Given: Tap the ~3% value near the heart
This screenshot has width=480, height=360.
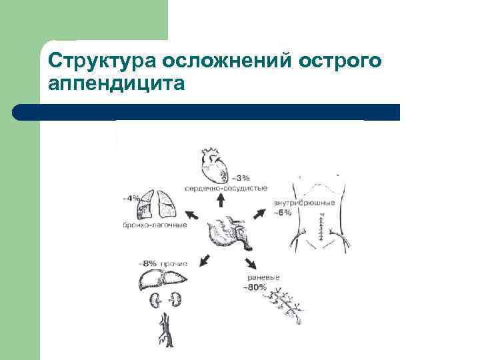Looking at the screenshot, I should click(x=240, y=178).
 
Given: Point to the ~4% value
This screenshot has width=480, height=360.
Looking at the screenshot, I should click(x=131, y=197).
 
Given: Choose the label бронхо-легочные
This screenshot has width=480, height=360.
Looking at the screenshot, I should click(x=155, y=225).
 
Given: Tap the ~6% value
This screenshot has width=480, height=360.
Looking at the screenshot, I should click(x=282, y=213).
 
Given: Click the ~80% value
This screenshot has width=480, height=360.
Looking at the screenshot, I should click(x=255, y=287).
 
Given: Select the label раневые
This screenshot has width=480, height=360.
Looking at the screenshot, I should click(x=262, y=277).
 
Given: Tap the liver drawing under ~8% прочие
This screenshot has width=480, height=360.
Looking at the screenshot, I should click(x=160, y=279).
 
